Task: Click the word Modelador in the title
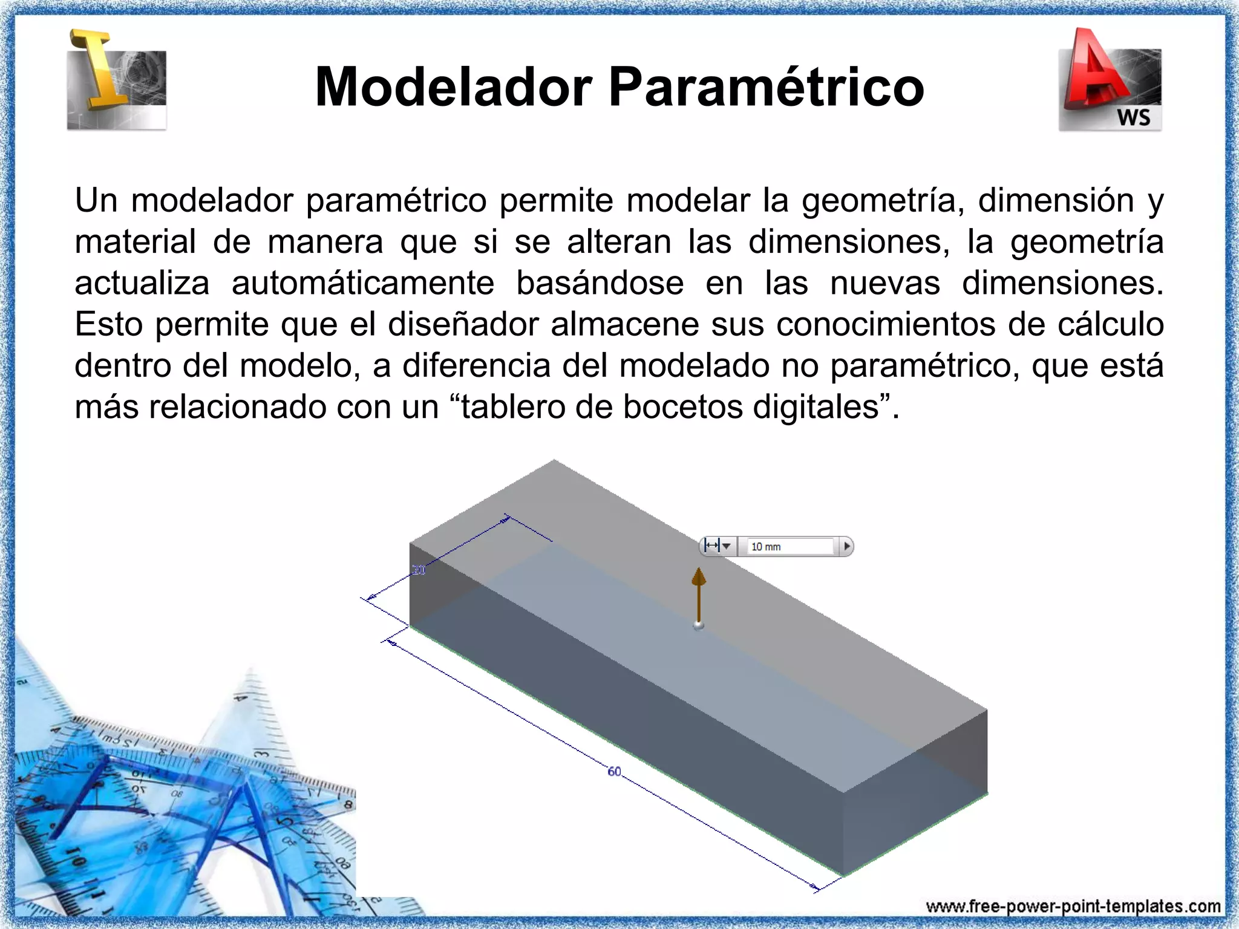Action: coord(453,88)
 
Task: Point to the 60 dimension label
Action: coord(614,772)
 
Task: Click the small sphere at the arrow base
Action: coord(699,625)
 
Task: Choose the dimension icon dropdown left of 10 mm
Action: coord(718,547)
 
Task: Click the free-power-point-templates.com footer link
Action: coord(1073,907)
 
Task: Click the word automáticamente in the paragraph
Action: coord(362,283)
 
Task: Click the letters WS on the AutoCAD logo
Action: coord(1133,117)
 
